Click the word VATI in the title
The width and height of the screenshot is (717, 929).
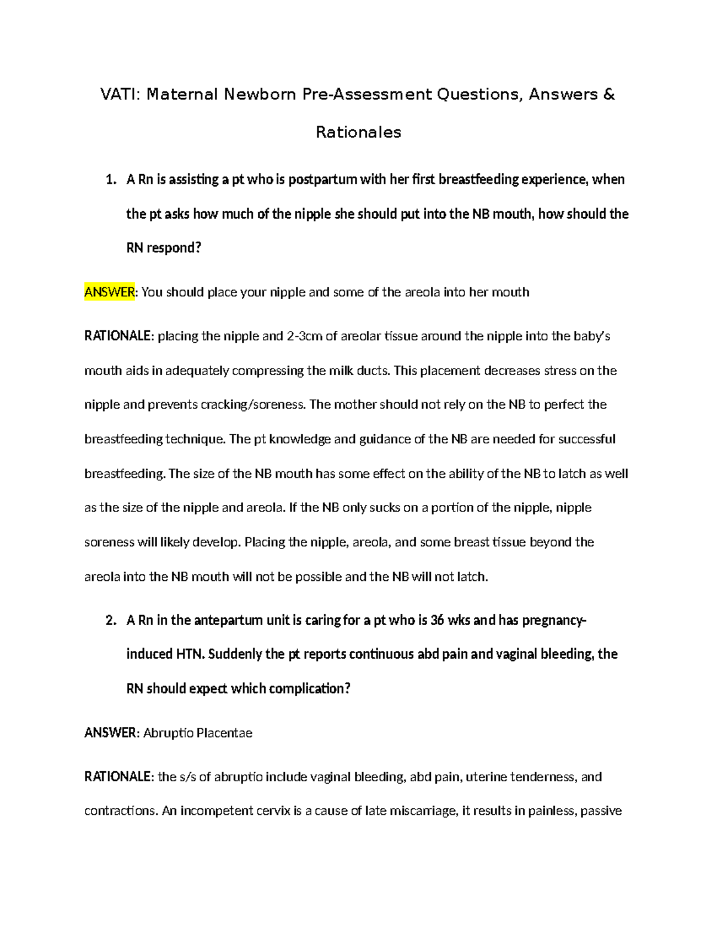tap(118, 95)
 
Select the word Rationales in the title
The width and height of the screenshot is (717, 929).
tap(358, 132)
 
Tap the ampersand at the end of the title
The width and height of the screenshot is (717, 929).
tap(609, 95)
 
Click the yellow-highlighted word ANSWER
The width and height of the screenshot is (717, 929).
tap(110, 293)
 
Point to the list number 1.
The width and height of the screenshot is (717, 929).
tap(110, 180)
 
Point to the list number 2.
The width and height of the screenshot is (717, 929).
tap(110, 620)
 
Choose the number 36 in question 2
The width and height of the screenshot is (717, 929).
tap(437, 620)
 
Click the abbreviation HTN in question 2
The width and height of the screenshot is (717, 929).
tap(189, 654)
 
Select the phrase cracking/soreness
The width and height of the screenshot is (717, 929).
tap(252, 405)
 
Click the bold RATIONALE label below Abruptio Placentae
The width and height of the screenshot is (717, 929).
tap(119, 777)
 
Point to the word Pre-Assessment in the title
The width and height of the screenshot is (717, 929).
tap(367, 95)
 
